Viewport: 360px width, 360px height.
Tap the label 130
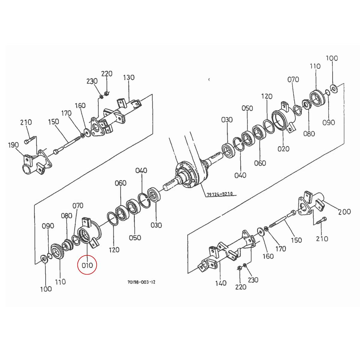[129, 78]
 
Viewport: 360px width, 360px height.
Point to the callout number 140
[221, 283]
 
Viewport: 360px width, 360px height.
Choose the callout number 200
[344, 212]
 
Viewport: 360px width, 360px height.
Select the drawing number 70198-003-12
[141, 282]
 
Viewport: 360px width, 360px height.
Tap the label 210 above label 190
[26, 122]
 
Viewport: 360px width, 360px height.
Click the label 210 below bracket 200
[322, 239]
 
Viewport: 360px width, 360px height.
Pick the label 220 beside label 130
[106, 73]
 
